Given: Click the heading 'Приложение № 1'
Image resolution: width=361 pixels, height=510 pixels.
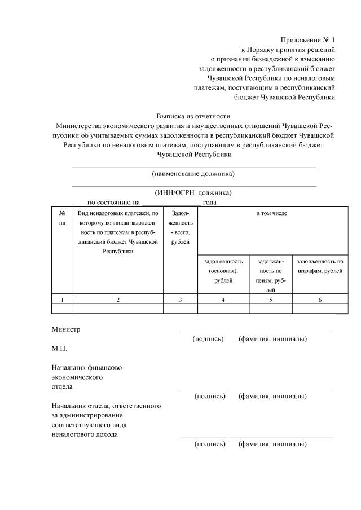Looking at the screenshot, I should click(307, 39).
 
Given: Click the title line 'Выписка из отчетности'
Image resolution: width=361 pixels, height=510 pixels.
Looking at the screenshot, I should click(193, 116).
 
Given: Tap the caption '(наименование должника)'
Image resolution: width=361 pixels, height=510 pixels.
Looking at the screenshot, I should click(193, 173).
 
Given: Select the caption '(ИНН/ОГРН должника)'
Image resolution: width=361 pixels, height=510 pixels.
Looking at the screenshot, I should click(193, 192).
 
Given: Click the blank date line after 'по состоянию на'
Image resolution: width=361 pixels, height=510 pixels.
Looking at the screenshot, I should click(171, 202).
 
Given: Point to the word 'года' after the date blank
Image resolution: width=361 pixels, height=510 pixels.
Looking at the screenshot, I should click(210, 202).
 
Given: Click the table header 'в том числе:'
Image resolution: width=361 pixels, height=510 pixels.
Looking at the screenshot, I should click(272, 214).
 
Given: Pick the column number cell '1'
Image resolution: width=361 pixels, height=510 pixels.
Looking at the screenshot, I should click(62, 300).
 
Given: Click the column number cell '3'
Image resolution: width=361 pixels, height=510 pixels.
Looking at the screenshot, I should click(180, 300).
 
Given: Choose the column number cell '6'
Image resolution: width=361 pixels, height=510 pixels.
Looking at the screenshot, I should click(319, 300).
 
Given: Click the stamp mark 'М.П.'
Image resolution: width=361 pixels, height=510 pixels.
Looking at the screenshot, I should click(59, 349).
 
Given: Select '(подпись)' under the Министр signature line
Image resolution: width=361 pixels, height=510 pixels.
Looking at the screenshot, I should click(208, 339).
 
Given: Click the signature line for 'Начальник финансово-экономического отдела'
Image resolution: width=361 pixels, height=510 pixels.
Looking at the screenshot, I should click(204, 389).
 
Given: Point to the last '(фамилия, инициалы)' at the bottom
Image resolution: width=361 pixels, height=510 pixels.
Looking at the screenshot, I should click(272, 444).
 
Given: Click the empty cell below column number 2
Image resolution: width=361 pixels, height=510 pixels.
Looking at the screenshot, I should click(118, 309).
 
